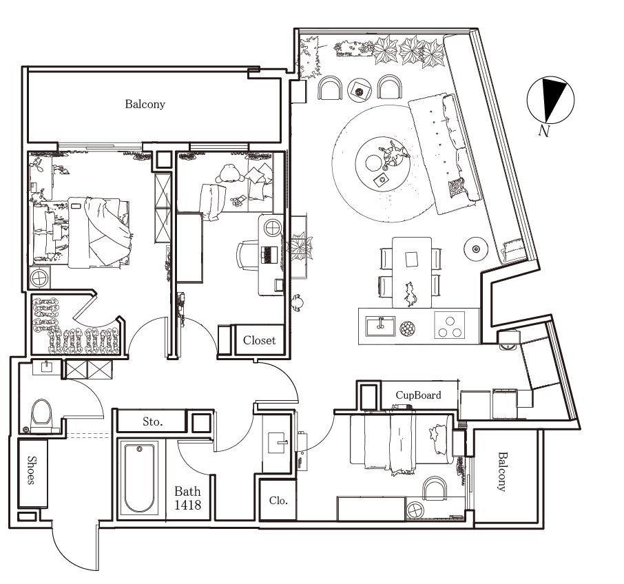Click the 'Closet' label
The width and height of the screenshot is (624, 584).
(x=259, y=340)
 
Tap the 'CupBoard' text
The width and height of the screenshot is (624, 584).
(x=418, y=395)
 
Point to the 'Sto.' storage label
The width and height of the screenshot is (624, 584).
(x=152, y=421)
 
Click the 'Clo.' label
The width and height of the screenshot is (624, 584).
(x=278, y=500)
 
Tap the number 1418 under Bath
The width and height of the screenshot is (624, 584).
(x=187, y=505)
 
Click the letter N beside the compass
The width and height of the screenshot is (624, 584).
(x=544, y=130)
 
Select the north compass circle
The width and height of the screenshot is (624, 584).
(x=551, y=100)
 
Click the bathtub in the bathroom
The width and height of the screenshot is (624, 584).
(x=139, y=478)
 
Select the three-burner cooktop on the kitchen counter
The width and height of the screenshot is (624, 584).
(x=450, y=326)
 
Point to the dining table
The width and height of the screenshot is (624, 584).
(x=411, y=272)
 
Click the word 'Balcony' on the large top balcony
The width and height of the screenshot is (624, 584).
(x=145, y=104)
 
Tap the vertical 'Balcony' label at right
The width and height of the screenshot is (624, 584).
(x=503, y=472)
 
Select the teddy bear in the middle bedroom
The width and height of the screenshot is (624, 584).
(x=229, y=174)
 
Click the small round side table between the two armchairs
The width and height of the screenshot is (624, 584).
(x=360, y=90)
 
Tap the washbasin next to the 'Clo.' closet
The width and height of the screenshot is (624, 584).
(x=278, y=442)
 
